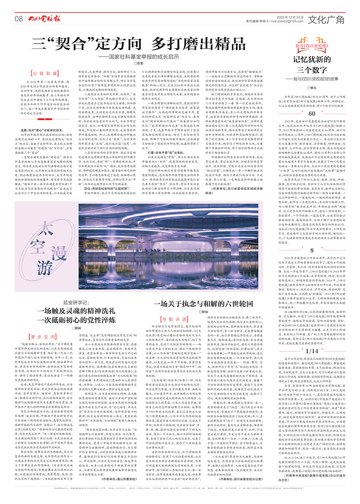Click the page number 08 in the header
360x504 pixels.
[x=19, y=18]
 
